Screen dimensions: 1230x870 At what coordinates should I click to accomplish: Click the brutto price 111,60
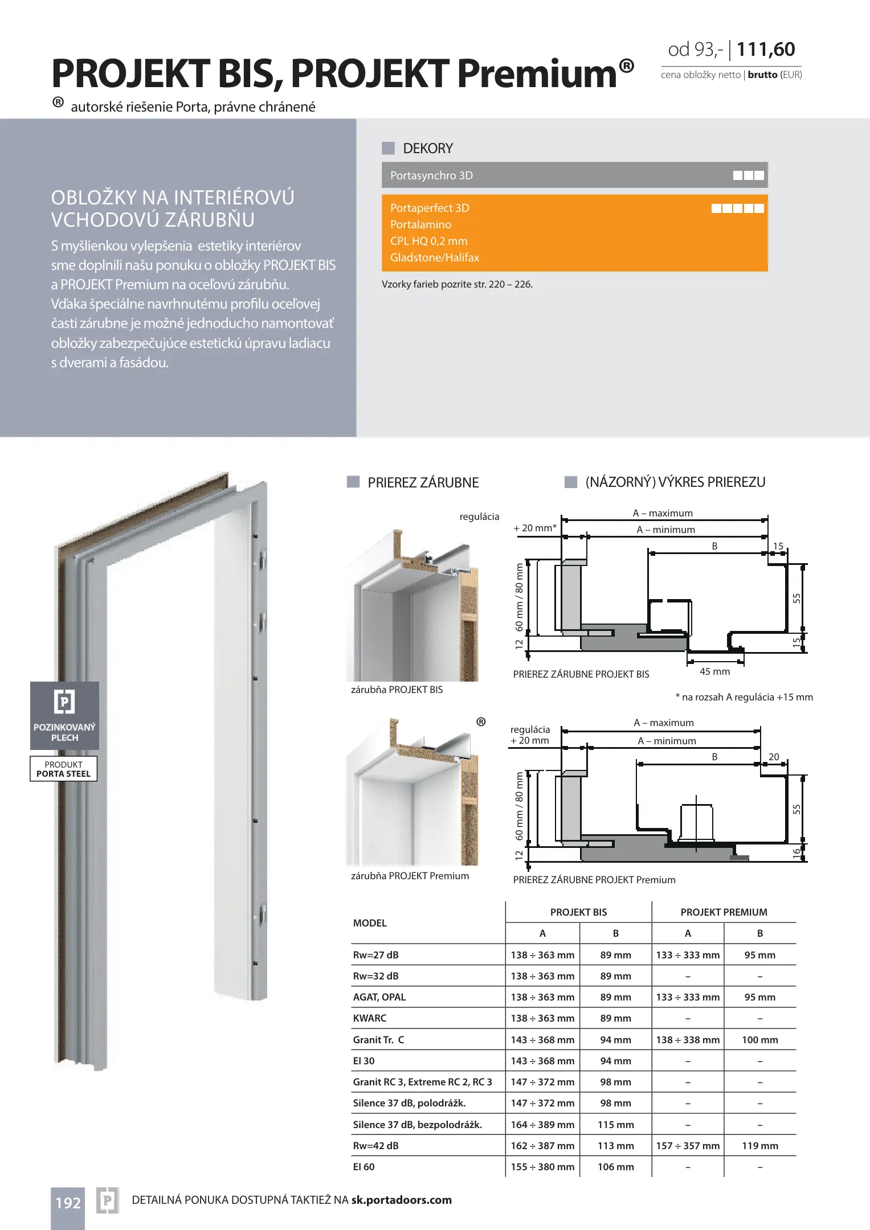[x=765, y=50]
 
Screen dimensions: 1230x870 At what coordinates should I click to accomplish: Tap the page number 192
[x=68, y=1203]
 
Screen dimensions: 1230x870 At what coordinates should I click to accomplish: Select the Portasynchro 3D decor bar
[x=574, y=175]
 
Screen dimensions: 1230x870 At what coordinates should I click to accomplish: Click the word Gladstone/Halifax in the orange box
[x=435, y=257]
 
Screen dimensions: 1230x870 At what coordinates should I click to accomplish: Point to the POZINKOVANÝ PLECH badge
[x=64, y=715]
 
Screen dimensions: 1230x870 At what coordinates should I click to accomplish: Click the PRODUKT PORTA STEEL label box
[x=64, y=769]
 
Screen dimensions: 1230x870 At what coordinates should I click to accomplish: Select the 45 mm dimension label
[x=714, y=671]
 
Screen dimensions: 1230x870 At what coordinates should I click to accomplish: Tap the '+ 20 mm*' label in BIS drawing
[x=534, y=528]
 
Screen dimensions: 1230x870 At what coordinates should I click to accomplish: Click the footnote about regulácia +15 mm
[x=744, y=697]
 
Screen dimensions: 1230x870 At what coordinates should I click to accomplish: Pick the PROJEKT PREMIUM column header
[x=724, y=912]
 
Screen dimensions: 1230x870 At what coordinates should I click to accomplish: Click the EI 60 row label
[x=364, y=1167]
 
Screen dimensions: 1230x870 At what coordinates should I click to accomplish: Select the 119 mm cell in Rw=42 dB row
[x=759, y=1146]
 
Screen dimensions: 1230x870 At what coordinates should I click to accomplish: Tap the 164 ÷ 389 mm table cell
[x=542, y=1125]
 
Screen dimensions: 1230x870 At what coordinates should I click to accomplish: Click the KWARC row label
[x=370, y=1018]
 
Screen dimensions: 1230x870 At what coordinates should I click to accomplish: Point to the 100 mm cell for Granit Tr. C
[x=759, y=1040]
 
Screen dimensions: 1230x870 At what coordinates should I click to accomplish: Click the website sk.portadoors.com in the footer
[x=401, y=1200]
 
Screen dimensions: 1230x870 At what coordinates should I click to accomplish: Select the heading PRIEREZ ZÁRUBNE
[x=423, y=482]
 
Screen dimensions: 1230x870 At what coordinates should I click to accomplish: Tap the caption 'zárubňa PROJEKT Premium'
[x=410, y=876]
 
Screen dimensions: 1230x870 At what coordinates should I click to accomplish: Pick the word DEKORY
[x=428, y=149]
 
